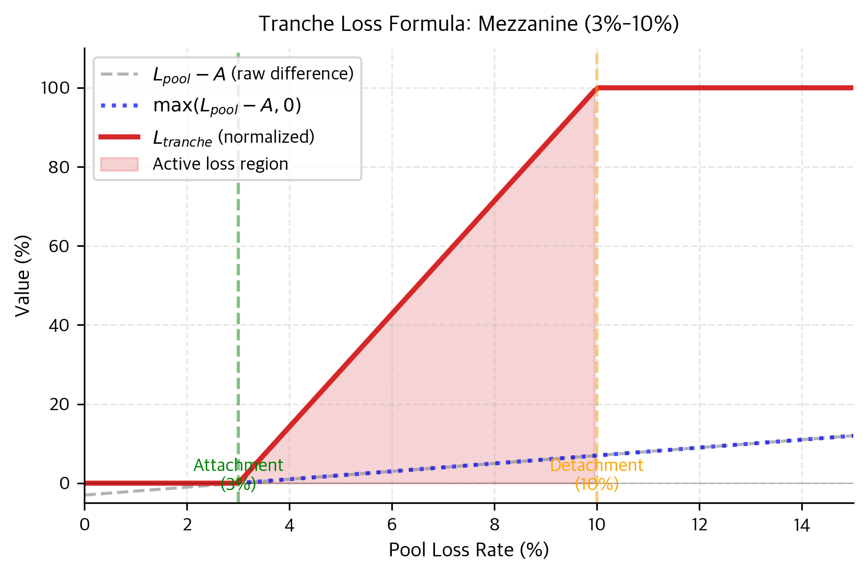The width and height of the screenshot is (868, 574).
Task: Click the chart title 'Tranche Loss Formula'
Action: (x=468, y=24)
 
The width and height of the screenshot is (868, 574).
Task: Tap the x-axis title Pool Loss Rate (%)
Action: (x=468, y=550)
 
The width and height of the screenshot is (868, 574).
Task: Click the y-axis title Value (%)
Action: (x=23, y=276)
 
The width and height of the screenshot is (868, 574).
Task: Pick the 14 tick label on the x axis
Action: (x=801, y=525)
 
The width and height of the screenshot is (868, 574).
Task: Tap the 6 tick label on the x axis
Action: (x=391, y=525)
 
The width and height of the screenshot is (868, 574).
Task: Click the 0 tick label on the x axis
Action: (x=85, y=525)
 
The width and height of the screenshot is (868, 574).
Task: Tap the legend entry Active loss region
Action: (x=220, y=164)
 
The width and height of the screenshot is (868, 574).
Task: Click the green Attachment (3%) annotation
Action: (x=238, y=474)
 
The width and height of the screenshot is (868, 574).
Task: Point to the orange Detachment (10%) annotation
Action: (x=596, y=474)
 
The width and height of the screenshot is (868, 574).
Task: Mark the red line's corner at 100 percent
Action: (x=597, y=88)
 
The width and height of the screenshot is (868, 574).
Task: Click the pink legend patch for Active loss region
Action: (x=119, y=164)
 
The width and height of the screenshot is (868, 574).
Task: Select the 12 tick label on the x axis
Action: (x=699, y=525)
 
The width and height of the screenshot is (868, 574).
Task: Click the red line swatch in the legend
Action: (x=119, y=137)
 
